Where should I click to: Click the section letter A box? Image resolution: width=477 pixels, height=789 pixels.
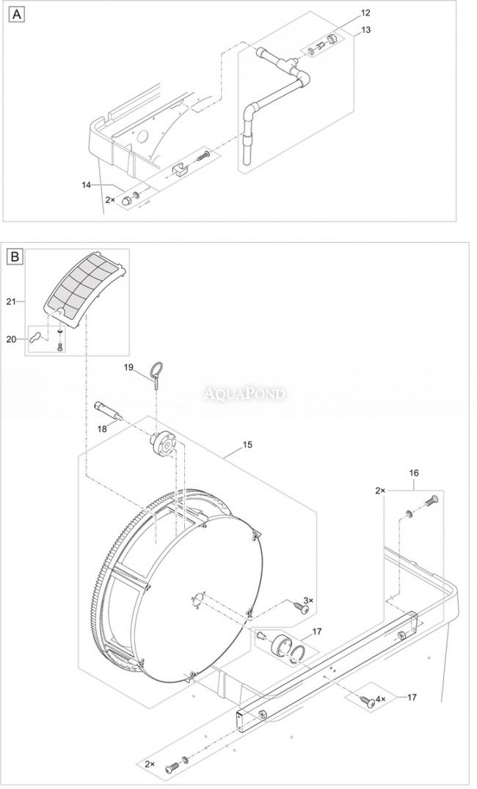point(17,15)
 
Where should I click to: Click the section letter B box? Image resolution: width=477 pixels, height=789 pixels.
point(15,257)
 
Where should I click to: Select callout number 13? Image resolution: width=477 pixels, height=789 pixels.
point(365,29)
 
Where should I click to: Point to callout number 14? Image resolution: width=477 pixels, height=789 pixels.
point(87,185)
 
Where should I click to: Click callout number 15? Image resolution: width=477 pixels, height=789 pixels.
point(247,445)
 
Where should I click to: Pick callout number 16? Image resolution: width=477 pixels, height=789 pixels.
point(414,473)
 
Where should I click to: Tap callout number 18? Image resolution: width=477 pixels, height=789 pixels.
point(102,428)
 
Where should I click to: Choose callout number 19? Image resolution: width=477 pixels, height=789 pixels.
point(129,367)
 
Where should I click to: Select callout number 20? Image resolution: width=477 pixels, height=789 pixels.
point(12,340)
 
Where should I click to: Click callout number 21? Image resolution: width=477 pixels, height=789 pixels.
point(12,301)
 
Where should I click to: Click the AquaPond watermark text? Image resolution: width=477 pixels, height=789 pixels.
point(244,393)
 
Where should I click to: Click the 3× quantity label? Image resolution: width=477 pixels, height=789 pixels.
point(308,601)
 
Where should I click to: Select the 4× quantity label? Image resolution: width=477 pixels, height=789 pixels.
point(380,699)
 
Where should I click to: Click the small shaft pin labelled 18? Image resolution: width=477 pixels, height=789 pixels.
point(109,409)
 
